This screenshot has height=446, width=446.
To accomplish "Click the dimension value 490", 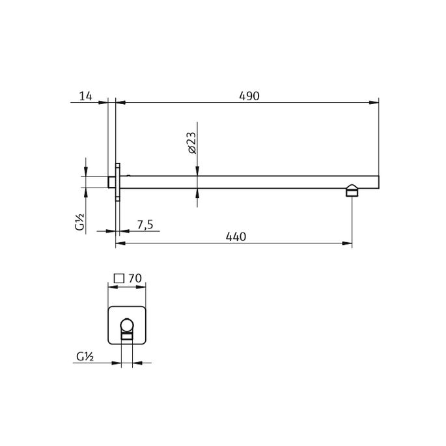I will [x=249, y=96].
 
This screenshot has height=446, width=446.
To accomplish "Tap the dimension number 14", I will [x=85, y=96].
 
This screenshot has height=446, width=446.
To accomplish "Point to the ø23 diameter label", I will [x=191, y=142].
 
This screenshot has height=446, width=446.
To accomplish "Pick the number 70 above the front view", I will [x=135, y=278].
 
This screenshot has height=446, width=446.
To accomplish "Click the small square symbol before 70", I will [x=119, y=278].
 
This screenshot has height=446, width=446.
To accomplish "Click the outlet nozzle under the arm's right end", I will [x=352, y=191].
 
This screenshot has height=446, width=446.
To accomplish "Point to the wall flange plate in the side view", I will [x=117, y=182].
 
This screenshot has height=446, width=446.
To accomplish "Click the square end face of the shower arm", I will [x=376, y=182].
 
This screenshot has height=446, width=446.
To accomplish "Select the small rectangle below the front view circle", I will [x=127, y=337].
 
